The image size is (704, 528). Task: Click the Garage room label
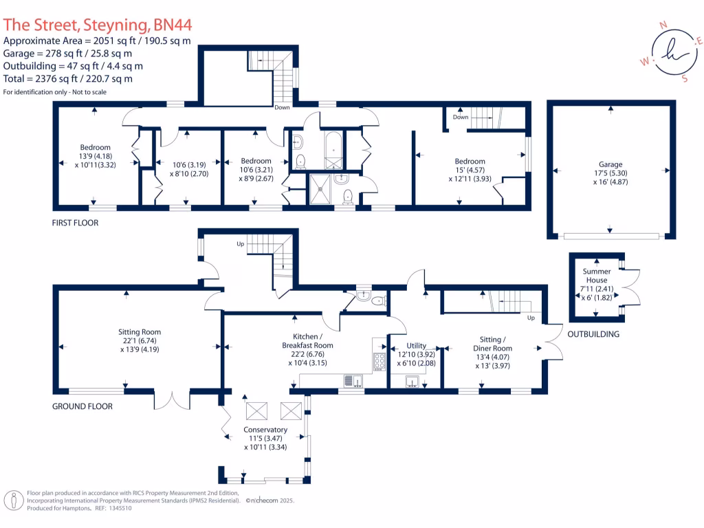(610, 165)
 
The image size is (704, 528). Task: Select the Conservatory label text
(265, 430)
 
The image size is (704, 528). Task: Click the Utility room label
(416, 346)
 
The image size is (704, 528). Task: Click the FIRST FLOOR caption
(75, 223)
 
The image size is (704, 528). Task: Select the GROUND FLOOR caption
(82, 406)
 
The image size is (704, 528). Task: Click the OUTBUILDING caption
(593, 335)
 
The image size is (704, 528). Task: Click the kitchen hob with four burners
(379, 360)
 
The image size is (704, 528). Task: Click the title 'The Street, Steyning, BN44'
(98, 25)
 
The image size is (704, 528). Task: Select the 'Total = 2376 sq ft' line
(68, 79)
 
